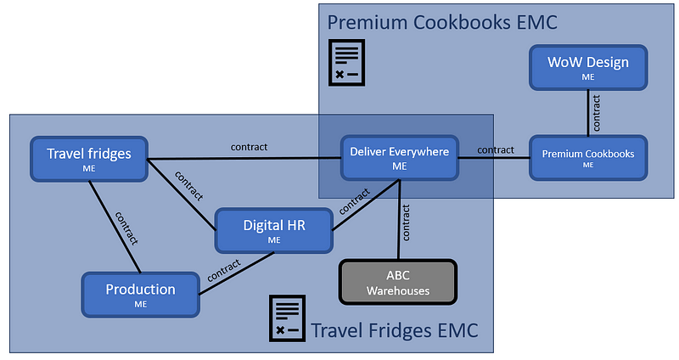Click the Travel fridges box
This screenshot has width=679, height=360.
[x=89, y=159]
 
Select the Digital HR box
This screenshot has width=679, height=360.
[x=273, y=231]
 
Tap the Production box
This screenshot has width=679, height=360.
[x=140, y=295]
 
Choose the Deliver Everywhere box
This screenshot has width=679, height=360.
[x=400, y=158]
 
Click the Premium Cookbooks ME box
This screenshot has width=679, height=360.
[x=587, y=158]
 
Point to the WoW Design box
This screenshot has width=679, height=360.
[x=587, y=68]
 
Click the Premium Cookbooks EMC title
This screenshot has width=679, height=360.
[x=442, y=20]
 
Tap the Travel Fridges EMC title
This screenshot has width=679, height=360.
[x=394, y=329]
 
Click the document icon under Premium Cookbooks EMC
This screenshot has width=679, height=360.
[x=347, y=62]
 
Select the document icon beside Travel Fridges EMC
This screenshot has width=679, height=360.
[x=287, y=319]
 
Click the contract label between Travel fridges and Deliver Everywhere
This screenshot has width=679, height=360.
[x=249, y=147]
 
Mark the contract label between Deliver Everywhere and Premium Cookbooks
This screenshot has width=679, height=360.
[x=495, y=149]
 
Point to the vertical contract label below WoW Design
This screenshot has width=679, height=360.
[x=598, y=113]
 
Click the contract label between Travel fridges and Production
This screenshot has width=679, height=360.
[x=126, y=227]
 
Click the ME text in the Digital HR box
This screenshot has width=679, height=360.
[x=273, y=240]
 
